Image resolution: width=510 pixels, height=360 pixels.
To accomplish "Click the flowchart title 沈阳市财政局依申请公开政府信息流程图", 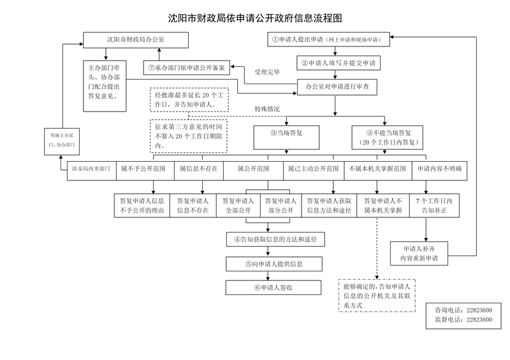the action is pyautogui.click(x=255, y=18).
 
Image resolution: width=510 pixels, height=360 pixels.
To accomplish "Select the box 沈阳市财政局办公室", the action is pyautogui.click(x=136, y=40).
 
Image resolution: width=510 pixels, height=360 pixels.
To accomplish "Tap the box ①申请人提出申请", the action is pyautogui.click(x=328, y=40).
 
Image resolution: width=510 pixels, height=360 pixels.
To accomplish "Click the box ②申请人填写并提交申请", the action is pyautogui.click(x=339, y=63).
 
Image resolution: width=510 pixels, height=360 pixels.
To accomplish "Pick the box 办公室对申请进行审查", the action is pyautogui.click(x=337, y=87).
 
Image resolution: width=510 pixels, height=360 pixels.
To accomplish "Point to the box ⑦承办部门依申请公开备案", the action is pyautogui.click(x=187, y=68).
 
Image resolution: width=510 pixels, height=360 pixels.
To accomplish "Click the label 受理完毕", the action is pyautogui.click(x=267, y=72).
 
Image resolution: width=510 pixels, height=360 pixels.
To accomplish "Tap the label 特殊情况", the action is pyautogui.click(x=267, y=109).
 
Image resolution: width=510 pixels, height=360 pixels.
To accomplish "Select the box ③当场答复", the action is pyautogui.click(x=286, y=138).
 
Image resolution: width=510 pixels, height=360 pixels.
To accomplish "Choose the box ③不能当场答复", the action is pyautogui.click(x=388, y=138).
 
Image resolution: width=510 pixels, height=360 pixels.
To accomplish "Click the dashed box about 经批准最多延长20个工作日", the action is pyautogui.click(x=189, y=100).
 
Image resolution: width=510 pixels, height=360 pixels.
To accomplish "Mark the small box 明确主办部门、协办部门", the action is pyautogui.click(x=62, y=141).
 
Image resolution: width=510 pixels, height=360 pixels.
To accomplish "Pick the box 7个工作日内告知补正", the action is pyautogui.click(x=434, y=206).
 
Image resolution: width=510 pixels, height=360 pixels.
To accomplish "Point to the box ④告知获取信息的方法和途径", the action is pyautogui.click(x=275, y=240).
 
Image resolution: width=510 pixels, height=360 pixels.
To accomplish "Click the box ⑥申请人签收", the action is pyautogui.click(x=273, y=287).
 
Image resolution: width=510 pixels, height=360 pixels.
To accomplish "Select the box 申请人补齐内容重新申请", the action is pyautogui.click(x=419, y=254).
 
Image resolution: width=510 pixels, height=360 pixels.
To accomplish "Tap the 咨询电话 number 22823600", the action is pyautogui.click(x=479, y=310).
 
